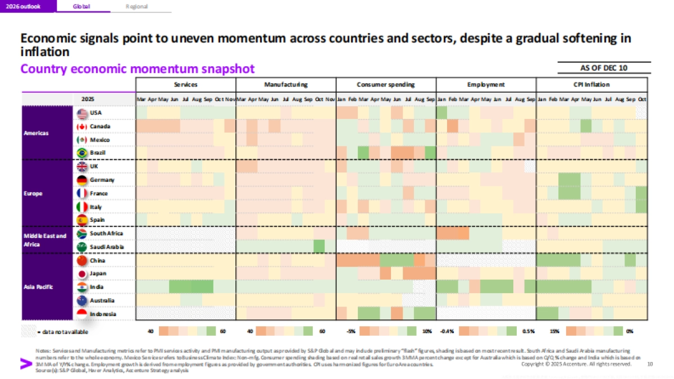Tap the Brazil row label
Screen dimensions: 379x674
click(x=97, y=153)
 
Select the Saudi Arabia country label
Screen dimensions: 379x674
click(x=106, y=246)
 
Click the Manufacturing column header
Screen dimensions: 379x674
click(x=285, y=85)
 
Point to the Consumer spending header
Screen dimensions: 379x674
click(x=385, y=85)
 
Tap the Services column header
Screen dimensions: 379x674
click(x=185, y=85)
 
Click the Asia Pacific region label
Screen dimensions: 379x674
click(x=39, y=287)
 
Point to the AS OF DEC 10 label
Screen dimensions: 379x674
click(x=604, y=68)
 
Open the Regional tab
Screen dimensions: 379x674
click(x=137, y=6)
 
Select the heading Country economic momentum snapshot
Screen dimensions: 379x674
click(x=138, y=69)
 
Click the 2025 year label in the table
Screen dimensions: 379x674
click(x=88, y=99)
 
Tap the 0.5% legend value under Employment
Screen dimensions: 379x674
click(x=529, y=331)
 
